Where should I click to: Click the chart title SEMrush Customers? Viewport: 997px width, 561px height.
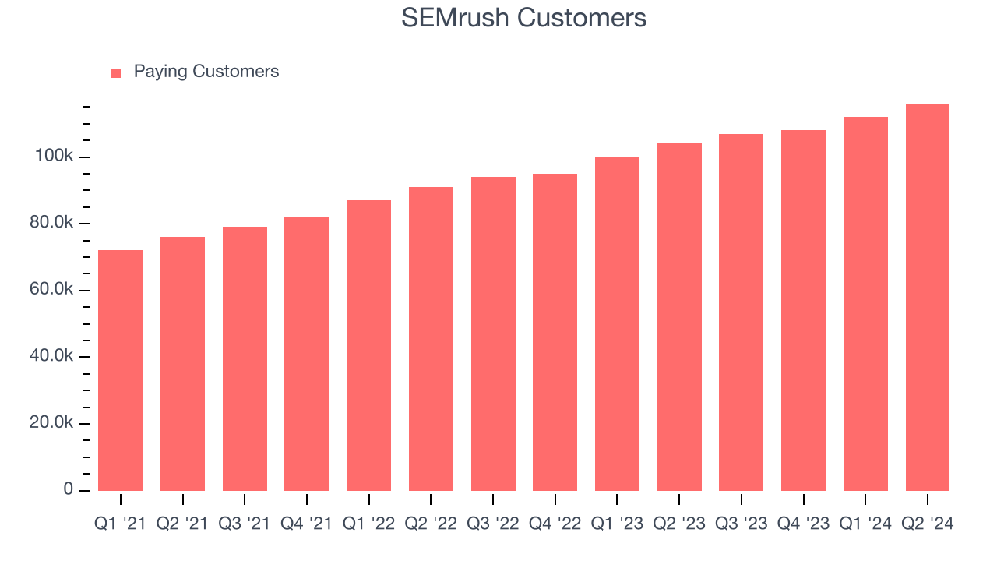(523, 17)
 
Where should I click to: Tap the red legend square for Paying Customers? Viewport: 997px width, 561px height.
(116, 72)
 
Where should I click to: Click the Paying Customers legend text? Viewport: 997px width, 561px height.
(206, 72)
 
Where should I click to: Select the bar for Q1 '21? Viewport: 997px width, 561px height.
(121, 370)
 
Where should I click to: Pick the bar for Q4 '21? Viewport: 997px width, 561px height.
(306, 354)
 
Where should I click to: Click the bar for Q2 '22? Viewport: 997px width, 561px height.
(431, 339)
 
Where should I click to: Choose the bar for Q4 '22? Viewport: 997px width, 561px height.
(555, 332)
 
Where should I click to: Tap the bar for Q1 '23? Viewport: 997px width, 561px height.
(617, 324)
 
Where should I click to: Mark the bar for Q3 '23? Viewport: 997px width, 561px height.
(741, 312)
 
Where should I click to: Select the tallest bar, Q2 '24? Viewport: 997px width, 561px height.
(927, 297)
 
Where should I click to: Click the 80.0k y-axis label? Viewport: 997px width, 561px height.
(52, 224)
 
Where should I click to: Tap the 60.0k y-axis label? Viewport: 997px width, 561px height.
(52, 290)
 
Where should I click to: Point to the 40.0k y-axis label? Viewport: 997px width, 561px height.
(52, 356)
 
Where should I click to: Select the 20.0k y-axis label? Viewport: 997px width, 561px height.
(52, 423)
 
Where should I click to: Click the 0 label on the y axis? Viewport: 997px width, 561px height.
(69, 489)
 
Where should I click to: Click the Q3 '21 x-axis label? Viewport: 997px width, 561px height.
(245, 524)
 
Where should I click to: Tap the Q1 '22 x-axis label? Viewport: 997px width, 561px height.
(368, 524)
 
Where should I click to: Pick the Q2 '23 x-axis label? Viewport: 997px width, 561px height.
(678, 524)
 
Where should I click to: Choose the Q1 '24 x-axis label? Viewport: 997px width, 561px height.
(865, 524)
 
